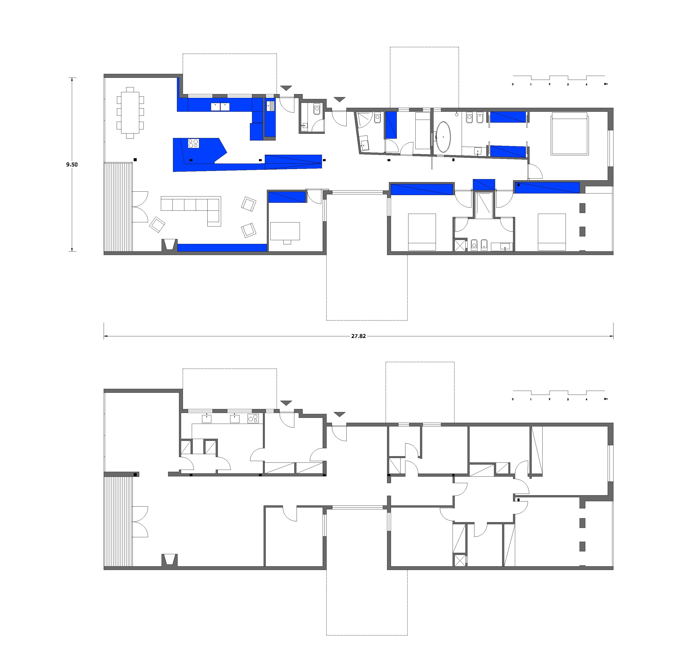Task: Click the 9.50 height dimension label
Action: pos(72,164)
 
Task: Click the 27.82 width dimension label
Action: pos(358,336)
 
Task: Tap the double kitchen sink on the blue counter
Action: pos(220,106)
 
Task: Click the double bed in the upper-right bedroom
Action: pos(570,133)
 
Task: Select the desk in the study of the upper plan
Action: pos(285,231)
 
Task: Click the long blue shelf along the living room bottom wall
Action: pos(222,248)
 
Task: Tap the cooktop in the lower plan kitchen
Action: pos(253,418)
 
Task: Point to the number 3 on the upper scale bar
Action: pos(568,85)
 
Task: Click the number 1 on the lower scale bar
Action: pos(531,399)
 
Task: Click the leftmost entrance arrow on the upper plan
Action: pos(286,88)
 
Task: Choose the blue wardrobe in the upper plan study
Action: pos(287,197)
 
